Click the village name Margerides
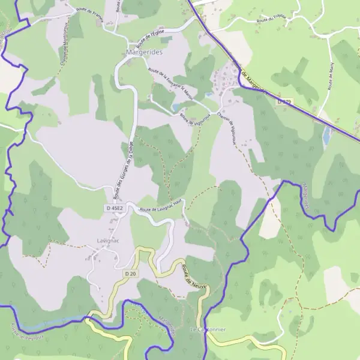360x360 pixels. coord(145,53)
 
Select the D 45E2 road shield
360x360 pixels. coord(114,208)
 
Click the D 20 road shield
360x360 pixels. coord(131,274)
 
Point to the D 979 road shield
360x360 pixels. coord(284,103)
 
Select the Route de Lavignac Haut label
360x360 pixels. coord(160,206)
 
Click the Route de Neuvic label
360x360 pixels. coord(194,277)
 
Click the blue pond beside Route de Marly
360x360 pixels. coord(327,136)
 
